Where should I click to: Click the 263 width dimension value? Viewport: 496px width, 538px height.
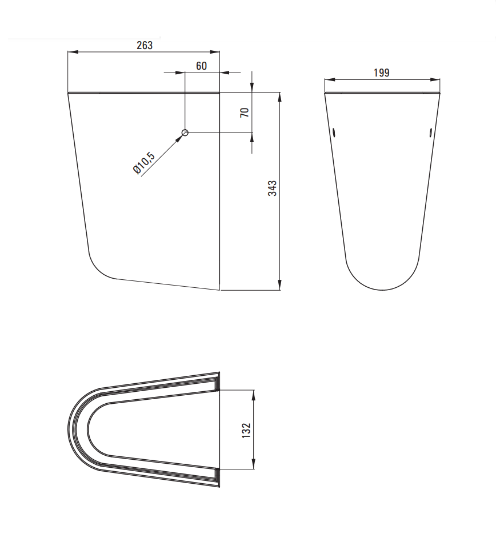coord(145,45)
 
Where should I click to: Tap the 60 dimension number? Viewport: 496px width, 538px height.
coord(202,66)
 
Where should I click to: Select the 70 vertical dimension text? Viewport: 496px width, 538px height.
coord(245,113)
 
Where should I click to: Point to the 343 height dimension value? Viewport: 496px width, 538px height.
coord(272,188)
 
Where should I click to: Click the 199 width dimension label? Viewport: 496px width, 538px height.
coord(381,73)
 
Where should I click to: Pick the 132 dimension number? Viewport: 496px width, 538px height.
coord(246,430)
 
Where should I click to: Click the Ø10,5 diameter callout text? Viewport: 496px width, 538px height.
coord(144,163)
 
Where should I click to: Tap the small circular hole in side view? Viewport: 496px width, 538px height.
coord(185,133)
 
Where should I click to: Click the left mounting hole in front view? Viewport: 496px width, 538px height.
coord(334,132)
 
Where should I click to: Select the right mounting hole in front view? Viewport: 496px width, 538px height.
coord(430,132)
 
